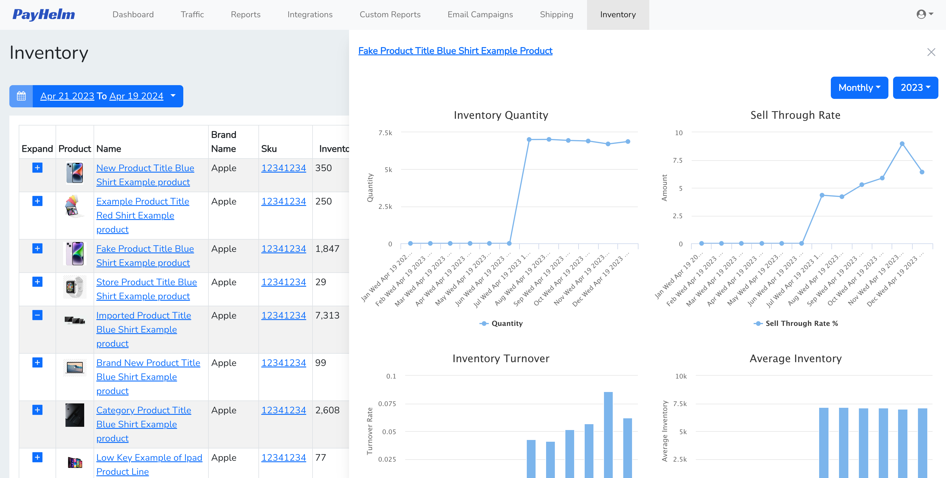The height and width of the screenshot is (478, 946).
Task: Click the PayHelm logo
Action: coord(43,14)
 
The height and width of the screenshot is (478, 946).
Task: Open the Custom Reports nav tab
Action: coord(390,14)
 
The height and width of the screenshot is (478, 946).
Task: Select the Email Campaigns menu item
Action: coord(480,14)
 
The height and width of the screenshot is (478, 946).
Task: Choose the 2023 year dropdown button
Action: coord(915,87)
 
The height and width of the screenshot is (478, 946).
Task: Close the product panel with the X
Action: coord(931,52)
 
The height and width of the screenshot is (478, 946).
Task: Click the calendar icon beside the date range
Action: coord(21,96)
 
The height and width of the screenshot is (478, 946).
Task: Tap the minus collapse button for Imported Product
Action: coord(37,315)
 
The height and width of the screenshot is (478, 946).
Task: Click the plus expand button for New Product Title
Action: coord(37,168)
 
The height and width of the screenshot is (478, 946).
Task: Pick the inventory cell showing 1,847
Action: coord(327,249)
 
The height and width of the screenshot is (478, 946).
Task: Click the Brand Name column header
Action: coord(223,142)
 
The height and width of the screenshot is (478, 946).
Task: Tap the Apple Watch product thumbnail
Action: coord(75,287)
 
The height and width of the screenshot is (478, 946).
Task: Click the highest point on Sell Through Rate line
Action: coord(902,144)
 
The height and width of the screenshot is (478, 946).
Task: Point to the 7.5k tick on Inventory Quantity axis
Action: coord(385,133)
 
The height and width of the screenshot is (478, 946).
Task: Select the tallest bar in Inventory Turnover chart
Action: coord(608,434)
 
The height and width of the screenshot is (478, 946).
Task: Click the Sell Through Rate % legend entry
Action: coord(801,323)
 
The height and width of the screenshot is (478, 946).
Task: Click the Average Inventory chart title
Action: coord(795,358)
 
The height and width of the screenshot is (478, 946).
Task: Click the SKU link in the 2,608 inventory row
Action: coord(283,410)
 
